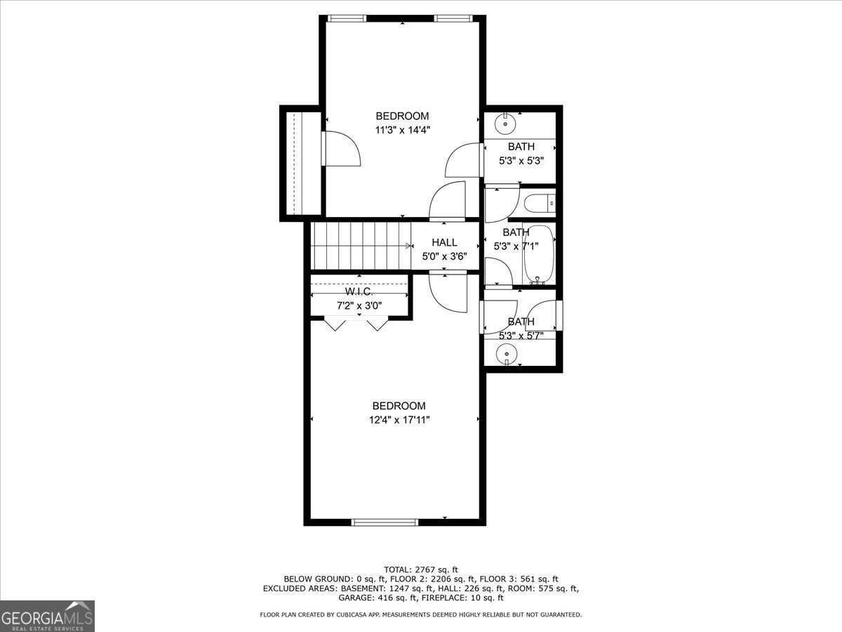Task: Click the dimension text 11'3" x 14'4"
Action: pyautogui.click(x=402, y=129)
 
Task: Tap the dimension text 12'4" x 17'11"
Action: pyautogui.click(x=399, y=420)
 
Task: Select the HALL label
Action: pyautogui.click(x=444, y=242)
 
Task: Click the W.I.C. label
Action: pyautogui.click(x=358, y=291)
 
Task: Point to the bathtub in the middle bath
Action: pyautogui.click(x=539, y=253)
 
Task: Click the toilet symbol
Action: pyautogui.click(x=539, y=204)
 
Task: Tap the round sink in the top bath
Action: pyautogui.click(x=504, y=124)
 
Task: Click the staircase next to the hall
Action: pyautogui.click(x=360, y=245)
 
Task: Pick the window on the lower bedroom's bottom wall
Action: pyautogui.click(x=385, y=522)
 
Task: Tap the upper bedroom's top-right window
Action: pyautogui.click(x=454, y=18)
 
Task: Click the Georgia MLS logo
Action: pyautogui.click(x=47, y=616)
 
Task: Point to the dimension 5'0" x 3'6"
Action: pyautogui.click(x=444, y=256)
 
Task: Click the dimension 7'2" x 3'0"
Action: pyautogui.click(x=359, y=305)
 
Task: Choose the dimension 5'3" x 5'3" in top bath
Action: pyautogui.click(x=521, y=160)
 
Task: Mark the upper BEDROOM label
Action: pyautogui.click(x=402, y=116)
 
